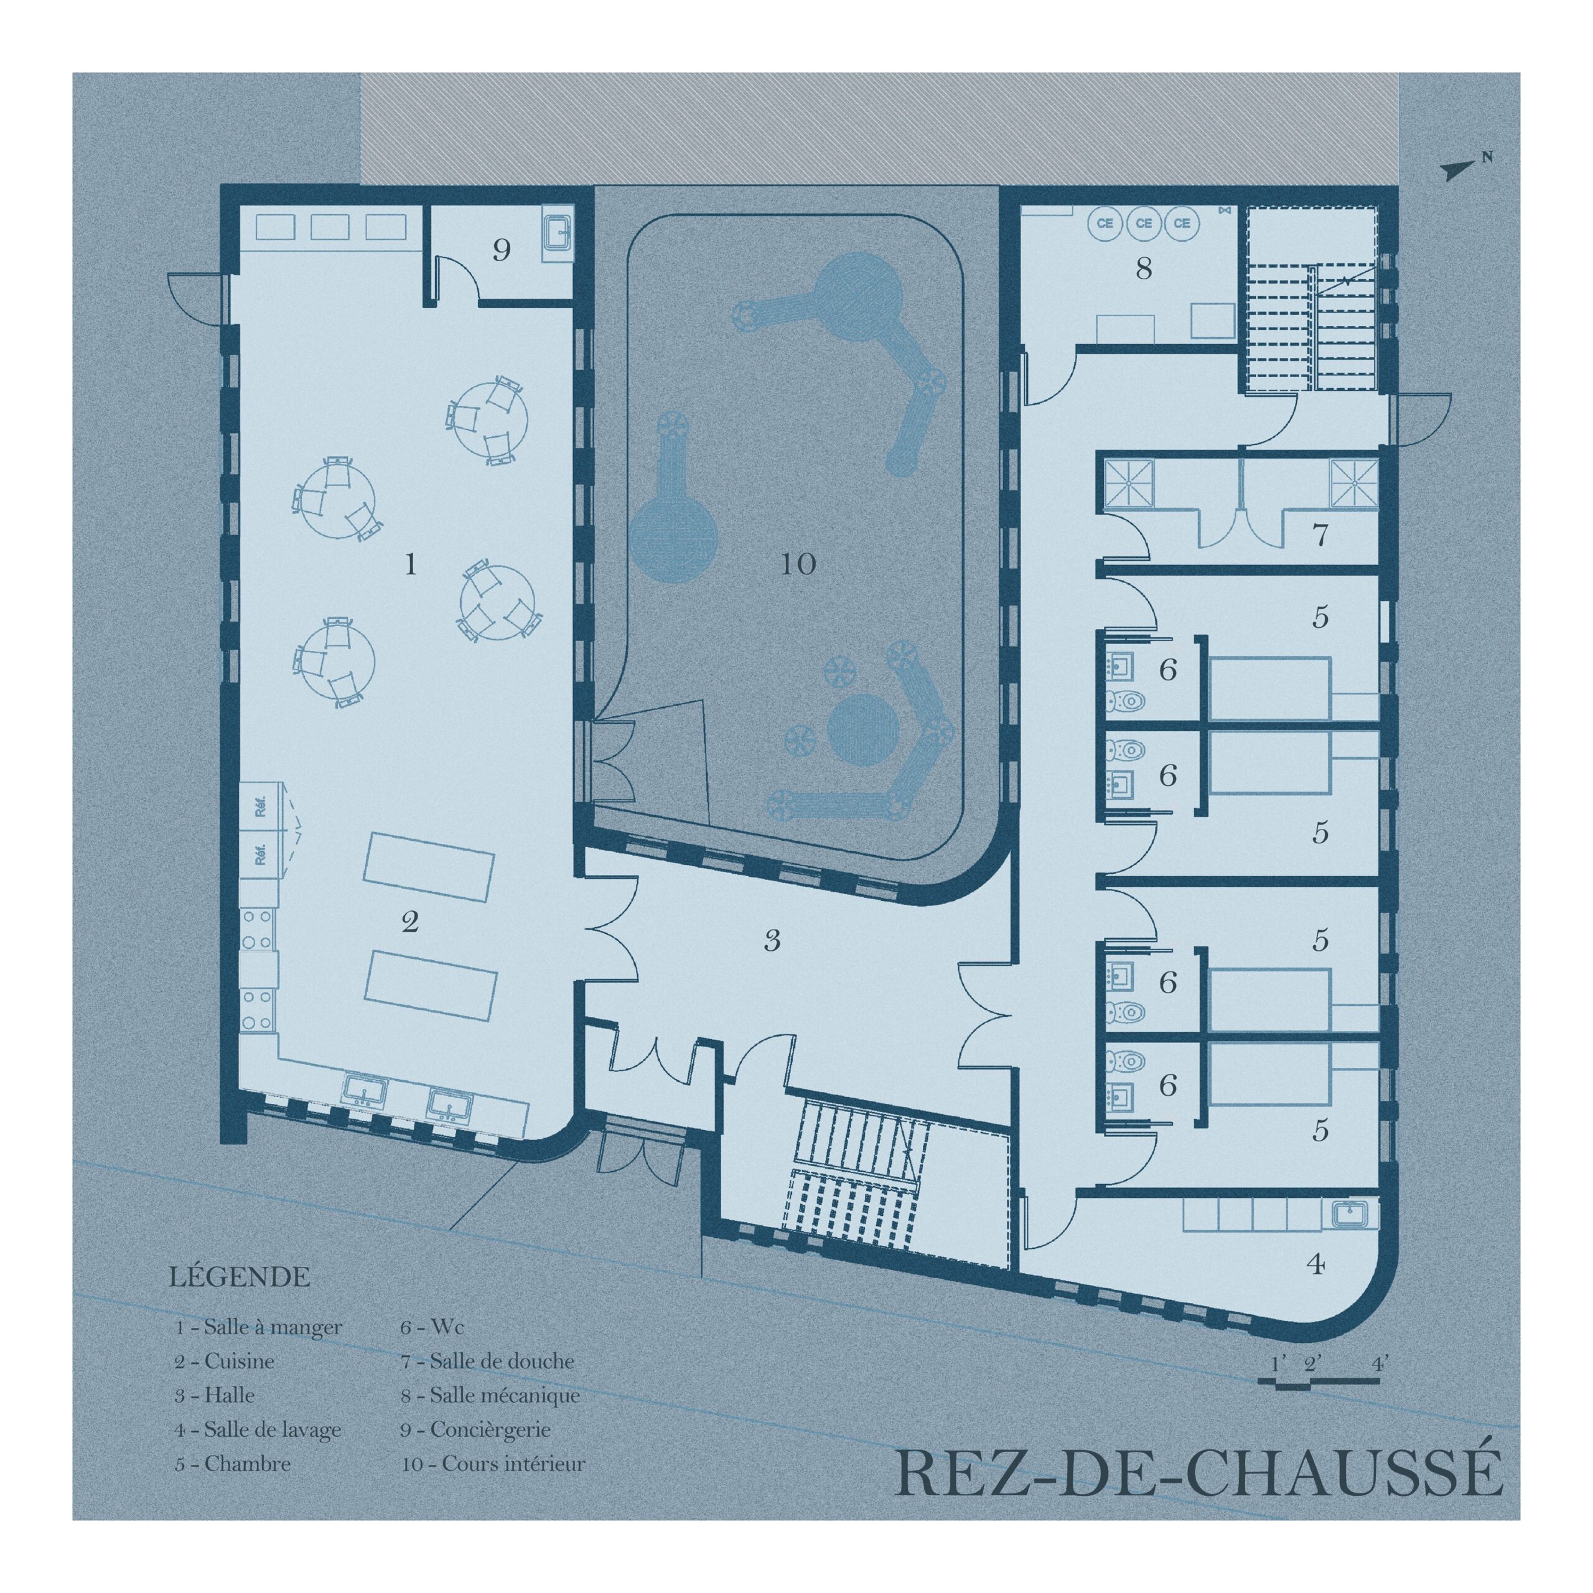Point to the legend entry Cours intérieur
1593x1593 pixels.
click(x=493, y=1464)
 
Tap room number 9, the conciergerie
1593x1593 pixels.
click(x=502, y=250)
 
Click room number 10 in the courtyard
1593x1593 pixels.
click(x=798, y=564)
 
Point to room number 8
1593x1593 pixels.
click(x=1144, y=269)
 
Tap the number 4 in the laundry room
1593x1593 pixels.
click(x=1316, y=1263)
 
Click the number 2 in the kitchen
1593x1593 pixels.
click(x=410, y=922)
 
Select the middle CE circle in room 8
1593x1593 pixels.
click(x=1144, y=223)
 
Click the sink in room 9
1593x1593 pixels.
click(x=558, y=233)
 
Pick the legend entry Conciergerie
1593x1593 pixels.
click(x=476, y=1431)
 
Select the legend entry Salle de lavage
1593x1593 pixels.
click(x=258, y=1431)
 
